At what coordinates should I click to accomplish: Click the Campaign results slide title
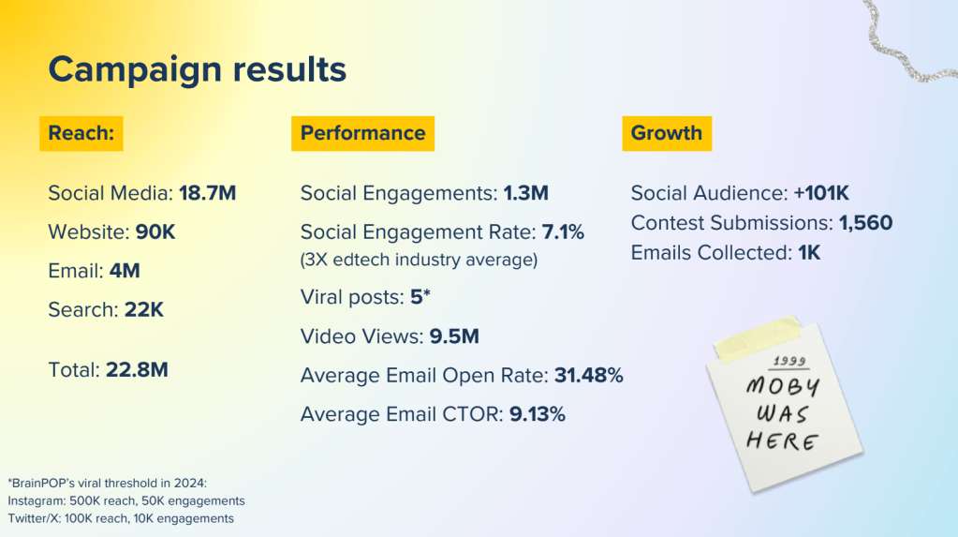click(197, 68)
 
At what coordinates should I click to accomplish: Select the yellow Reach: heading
click(81, 133)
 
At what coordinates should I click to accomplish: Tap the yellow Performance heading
click(362, 133)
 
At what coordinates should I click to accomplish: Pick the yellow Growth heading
click(666, 133)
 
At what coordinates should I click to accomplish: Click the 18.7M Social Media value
click(207, 194)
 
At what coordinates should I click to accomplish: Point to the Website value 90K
click(154, 231)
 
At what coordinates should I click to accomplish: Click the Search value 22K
click(143, 309)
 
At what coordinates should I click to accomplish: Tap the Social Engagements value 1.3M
click(525, 194)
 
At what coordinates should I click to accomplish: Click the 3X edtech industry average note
click(419, 260)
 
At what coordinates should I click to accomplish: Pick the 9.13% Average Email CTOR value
click(537, 414)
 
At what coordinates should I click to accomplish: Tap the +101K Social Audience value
click(820, 194)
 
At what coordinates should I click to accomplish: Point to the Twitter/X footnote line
click(121, 518)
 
